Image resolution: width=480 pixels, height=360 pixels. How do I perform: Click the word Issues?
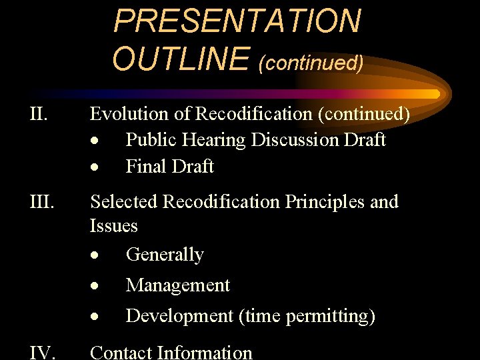pyautogui.click(x=113, y=226)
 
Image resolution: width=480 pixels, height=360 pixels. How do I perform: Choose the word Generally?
pyautogui.click(x=165, y=255)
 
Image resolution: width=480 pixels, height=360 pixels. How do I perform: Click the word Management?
pyautogui.click(x=178, y=286)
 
